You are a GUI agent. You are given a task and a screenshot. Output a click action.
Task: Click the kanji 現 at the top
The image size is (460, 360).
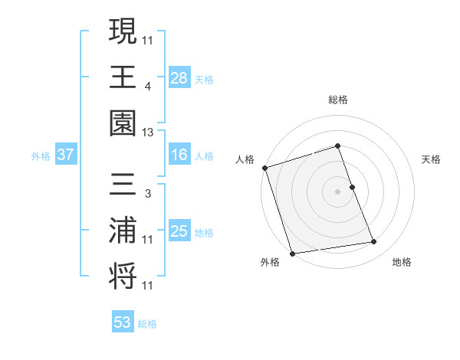(123, 31)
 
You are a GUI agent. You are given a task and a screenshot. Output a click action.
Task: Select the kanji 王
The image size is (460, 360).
(123, 77)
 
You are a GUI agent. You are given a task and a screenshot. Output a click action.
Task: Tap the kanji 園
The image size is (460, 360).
(123, 123)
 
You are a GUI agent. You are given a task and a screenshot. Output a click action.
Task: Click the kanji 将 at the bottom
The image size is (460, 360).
(123, 276)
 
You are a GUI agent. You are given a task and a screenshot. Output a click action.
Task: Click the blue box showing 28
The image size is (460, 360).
(179, 77)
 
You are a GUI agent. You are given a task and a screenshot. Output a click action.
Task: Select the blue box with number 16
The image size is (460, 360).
(179, 155)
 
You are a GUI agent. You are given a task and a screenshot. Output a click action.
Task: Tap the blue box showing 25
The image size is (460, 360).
(179, 231)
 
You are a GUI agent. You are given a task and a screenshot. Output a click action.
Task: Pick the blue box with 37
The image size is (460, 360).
(66, 155)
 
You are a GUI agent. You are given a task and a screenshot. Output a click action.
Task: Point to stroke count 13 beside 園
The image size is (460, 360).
(148, 132)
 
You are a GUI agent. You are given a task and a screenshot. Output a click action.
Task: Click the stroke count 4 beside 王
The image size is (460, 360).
(147, 86)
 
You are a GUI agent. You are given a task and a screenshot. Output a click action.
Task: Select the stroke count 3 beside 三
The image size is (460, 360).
(147, 194)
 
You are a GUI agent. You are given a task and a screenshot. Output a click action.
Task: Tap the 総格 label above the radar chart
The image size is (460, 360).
(338, 100)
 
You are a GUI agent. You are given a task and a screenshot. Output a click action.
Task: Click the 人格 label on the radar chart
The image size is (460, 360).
(245, 159)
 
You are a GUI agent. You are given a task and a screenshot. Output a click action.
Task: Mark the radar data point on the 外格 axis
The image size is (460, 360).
(292, 254)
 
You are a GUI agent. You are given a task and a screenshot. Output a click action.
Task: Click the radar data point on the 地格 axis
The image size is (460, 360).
(374, 242)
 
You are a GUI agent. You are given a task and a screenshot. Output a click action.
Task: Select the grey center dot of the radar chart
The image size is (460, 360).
(338, 191)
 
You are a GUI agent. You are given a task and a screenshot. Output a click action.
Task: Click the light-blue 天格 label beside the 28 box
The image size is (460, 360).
(204, 79)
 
